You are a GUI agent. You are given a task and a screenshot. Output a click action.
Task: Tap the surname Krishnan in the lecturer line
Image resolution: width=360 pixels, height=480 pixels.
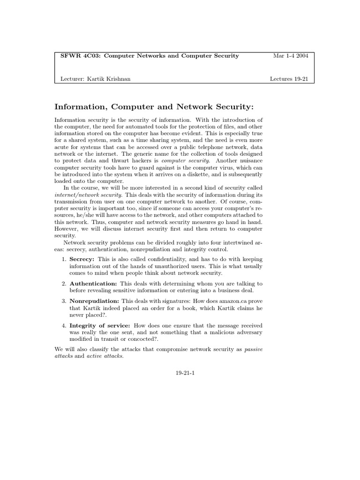[x=117, y=79]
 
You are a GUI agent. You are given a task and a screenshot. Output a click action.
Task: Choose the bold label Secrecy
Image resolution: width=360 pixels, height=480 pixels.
[x=82, y=259]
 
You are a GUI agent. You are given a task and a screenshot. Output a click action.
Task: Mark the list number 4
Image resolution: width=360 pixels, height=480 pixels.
[x=64, y=325]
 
